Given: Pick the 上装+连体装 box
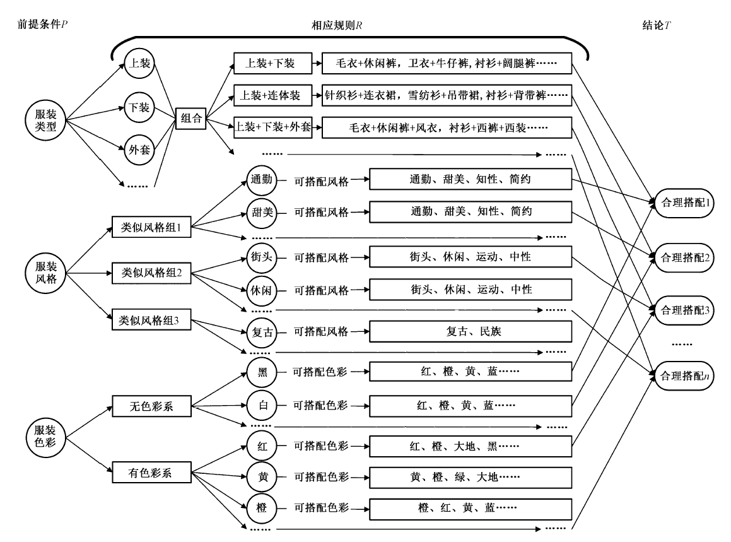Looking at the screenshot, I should point(273,95).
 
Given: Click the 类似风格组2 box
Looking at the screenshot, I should point(151,273).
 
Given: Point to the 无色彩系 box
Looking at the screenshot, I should point(151,407).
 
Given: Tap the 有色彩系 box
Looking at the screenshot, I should point(151,471).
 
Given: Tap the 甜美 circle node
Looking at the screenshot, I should point(260,211).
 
